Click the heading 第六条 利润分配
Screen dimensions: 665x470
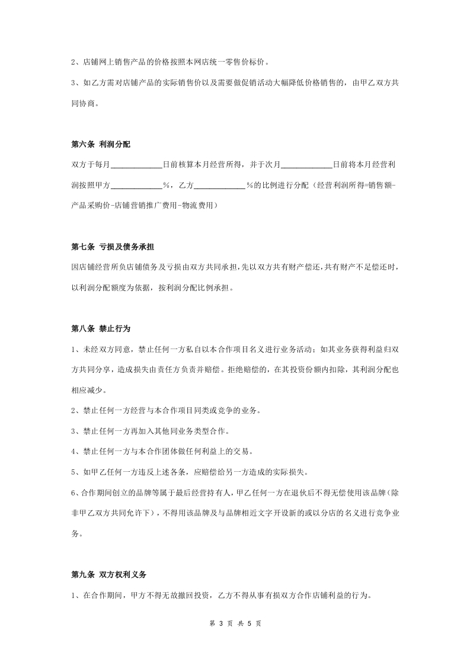tap(100, 144)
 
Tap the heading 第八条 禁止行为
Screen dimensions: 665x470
tap(100, 328)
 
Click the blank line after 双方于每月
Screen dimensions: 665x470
tap(136, 164)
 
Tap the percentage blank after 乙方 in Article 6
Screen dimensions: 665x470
tap(220, 185)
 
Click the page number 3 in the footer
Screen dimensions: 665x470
tap(220, 624)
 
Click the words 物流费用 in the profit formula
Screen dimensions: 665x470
tap(201, 205)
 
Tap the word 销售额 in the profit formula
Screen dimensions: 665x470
tap(379, 185)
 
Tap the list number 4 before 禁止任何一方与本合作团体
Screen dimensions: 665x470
tap(73, 451)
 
